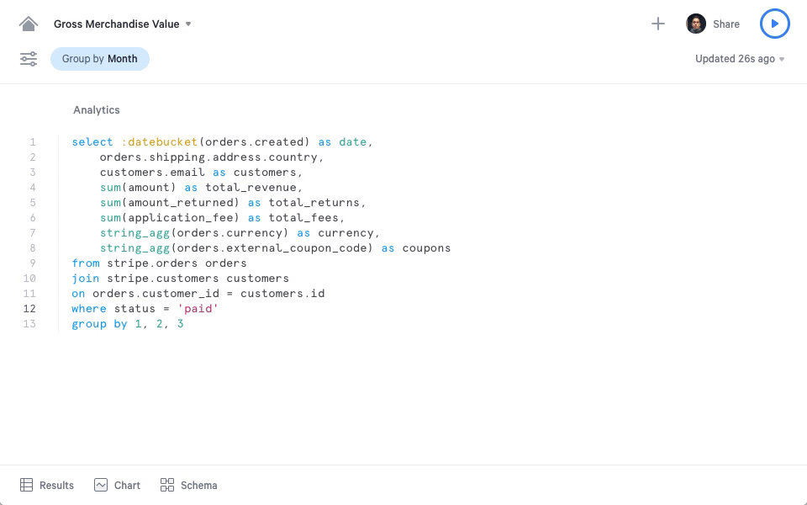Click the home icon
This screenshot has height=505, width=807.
point(29,24)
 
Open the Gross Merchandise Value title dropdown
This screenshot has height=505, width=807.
point(188,24)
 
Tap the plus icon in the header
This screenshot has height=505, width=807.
point(657,24)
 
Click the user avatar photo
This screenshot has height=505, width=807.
point(696,24)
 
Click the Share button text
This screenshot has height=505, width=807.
point(726,24)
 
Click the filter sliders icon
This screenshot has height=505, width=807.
point(29,59)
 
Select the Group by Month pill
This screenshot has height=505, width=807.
point(100,59)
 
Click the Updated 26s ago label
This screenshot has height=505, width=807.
point(735,59)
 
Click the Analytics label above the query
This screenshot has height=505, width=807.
point(96,109)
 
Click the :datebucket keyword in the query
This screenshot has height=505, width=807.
point(160,141)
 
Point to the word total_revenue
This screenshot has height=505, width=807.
point(251,187)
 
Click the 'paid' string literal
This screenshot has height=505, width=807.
point(198,308)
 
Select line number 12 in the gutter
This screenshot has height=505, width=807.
point(29,308)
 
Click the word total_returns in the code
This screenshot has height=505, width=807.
point(314,203)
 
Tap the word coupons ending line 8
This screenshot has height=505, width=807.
point(426,247)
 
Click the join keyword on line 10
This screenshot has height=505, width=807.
point(86,279)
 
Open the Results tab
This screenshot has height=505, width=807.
point(47,485)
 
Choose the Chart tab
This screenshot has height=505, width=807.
point(117,485)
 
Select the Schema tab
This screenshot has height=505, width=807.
point(188,485)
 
